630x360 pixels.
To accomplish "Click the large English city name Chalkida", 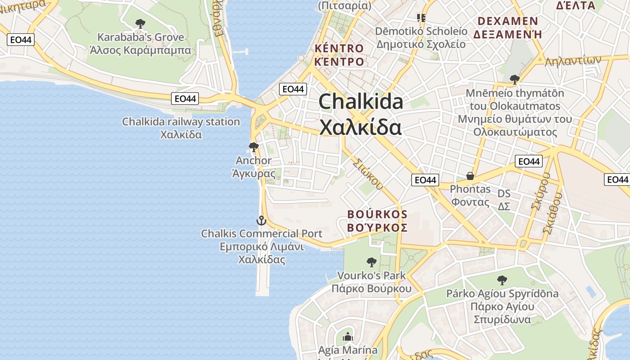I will tap(360, 102).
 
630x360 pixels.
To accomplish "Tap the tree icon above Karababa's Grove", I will tap(140, 23).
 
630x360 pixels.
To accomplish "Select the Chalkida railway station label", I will tap(181, 122).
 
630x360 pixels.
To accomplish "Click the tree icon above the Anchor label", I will tap(253, 147).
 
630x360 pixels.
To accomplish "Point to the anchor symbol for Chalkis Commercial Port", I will tap(261, 220).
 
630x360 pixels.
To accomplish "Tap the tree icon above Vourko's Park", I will tap(371, 262).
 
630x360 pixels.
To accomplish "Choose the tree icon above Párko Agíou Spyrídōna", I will tap(502, 280).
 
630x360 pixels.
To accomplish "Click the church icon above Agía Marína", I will tap(347, 337).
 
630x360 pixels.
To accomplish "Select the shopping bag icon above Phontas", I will tap(470, 176).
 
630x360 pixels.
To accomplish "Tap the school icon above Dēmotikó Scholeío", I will tap(421, 18).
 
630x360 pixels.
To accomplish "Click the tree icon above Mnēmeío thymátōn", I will tap(515, 80).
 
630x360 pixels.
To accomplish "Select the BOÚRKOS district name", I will tap(377, 214).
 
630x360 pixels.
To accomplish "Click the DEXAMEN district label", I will tap(508, 21).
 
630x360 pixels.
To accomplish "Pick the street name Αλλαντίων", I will tap(573, 61).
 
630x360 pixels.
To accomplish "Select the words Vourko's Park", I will tap(371, 275).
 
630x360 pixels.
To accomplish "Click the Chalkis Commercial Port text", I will tap(261, 234).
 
